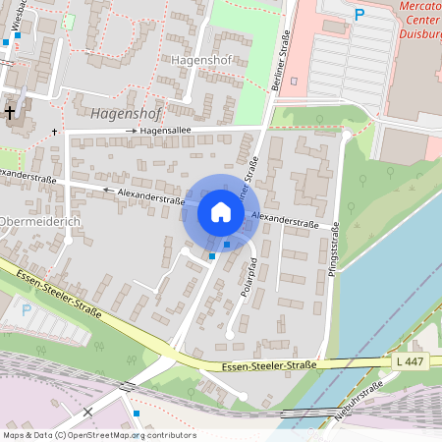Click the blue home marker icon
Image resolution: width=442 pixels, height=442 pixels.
(x=221, y=212)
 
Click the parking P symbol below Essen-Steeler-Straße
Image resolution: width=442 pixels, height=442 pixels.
(x=27, y=309)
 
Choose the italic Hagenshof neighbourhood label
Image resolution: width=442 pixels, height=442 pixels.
(x=124, y=113)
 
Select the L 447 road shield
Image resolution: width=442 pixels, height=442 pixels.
(x=412, y=362)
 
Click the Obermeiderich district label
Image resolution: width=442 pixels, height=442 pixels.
(x=39, y=221)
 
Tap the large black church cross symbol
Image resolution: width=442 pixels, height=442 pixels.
(x=11, y=112)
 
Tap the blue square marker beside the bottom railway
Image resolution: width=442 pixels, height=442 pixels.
(x=137, y=413)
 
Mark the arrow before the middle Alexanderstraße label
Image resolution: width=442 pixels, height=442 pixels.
(x=110, y=190)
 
